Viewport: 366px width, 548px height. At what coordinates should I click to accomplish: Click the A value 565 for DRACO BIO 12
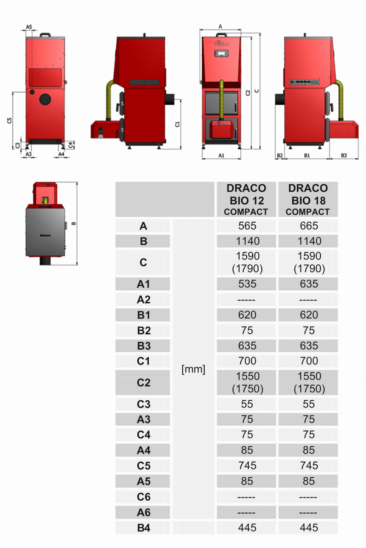tap(247, 226)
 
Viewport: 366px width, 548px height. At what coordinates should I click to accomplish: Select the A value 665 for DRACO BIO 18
tap(309, 226)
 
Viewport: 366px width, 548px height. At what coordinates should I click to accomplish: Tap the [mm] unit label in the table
tap(193, 369)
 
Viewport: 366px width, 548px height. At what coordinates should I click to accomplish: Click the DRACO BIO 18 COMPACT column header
tap(308, 199)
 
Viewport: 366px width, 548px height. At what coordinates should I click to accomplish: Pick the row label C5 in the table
tap(143, 466)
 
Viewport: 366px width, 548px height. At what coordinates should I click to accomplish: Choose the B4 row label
tap(143, 528)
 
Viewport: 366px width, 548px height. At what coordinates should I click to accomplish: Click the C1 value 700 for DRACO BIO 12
tap(247, 361)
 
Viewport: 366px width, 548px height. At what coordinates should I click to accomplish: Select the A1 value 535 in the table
tap(247, 284)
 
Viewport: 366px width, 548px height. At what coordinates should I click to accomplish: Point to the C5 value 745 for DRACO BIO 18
tap(309, 466)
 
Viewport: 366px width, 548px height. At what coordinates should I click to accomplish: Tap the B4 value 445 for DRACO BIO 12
tap(247, 528)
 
